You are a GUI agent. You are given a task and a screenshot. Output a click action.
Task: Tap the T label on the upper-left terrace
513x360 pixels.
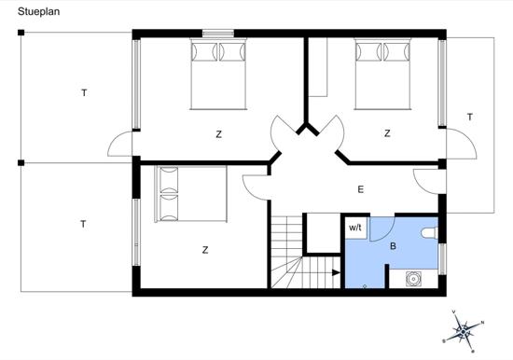(x=84, y=92)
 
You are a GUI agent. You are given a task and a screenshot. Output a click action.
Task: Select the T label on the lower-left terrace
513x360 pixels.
(x=83, y=224)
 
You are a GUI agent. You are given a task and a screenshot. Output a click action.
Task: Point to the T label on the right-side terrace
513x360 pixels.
(x=470, y=117)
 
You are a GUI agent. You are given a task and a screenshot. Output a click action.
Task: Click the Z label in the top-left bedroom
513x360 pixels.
(x=219, y=134)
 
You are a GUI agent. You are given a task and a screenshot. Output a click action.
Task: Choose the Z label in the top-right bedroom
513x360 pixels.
(x=387, y=134)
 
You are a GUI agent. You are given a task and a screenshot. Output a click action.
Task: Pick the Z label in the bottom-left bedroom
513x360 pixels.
(x=204, y=250)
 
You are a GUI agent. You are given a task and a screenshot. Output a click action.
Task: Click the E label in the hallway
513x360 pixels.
(x=360, y=189)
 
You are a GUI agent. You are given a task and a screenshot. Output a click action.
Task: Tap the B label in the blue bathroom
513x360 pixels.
(x=393, y=247)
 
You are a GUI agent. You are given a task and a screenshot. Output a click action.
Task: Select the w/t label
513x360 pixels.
(x=355, y=227)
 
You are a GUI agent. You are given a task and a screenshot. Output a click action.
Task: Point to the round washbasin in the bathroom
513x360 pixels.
(x=412, y=277)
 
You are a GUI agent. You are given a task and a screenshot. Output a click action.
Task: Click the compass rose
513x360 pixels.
(x=464, y=329)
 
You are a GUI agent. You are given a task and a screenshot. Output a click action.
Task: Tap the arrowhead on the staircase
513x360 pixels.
(x=336, y=273)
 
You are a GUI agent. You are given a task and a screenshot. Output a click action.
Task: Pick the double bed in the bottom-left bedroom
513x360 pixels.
(x=190, y=194)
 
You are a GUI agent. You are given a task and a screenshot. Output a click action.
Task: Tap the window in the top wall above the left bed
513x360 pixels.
(x=218, y=35)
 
